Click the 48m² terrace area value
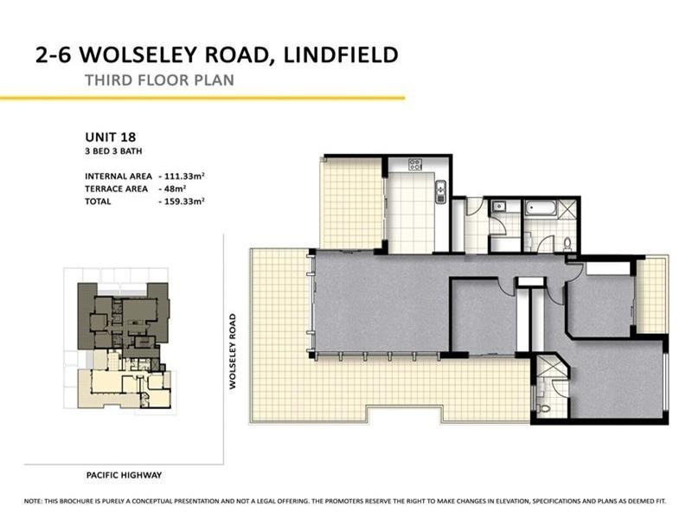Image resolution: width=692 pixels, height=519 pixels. click(177, 188)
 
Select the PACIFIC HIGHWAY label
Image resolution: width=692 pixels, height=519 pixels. click(125, 475)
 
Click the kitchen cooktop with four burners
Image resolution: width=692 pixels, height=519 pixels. click(414, 164)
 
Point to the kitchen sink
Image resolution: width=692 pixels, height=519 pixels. click(440, 189)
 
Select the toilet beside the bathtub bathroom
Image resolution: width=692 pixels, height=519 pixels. click(567, 242)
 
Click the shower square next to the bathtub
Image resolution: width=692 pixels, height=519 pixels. click(567, 210)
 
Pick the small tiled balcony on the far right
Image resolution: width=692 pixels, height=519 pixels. click(653, 294)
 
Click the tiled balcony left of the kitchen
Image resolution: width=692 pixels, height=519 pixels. click(350, 204)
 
